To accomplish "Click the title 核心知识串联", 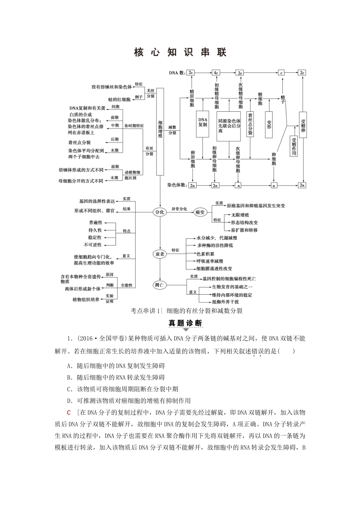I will [x=180, y=53].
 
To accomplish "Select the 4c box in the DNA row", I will [x=216, y=72].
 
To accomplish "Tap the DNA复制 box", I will [x=203, y=123].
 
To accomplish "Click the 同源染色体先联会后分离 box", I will [x=229, y=126].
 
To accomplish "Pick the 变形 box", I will [x=269, y=124].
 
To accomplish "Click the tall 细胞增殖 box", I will [x=160, y=131].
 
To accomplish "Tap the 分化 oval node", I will [x=160, y=212].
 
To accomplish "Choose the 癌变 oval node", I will [x=200, y=212].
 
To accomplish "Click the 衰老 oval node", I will [x=160, y=254].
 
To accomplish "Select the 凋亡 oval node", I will [x=160, y=285].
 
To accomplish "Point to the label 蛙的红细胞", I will [x=119, y=100].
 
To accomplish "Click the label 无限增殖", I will [x=240, y=215].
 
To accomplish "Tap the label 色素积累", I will [x=205, y=254].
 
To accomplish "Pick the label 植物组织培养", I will [x=86, y=300].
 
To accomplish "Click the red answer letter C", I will [x=69, y=412].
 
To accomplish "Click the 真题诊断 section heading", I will [x=185, y=323].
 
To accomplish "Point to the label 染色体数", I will [x=177, y=185].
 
